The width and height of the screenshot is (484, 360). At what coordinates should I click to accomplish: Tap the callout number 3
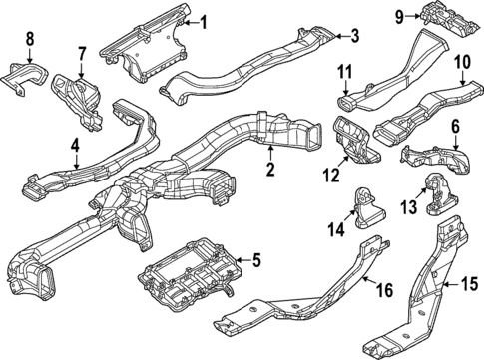(353, 37)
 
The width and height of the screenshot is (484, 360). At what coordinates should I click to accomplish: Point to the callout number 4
(75, 147)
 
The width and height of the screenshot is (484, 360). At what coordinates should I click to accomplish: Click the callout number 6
(455, 128)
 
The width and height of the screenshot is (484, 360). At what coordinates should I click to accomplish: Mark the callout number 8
(29, 39)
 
